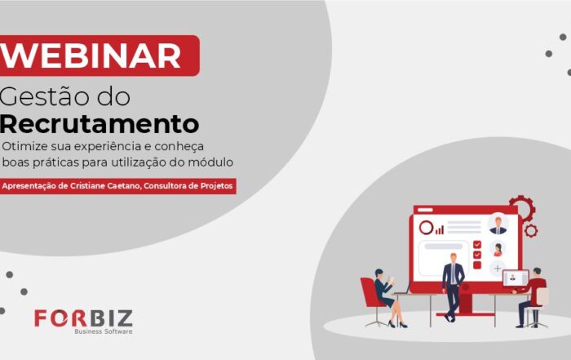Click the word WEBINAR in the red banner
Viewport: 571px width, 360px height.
point(91,56)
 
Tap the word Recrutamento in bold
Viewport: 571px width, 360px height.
point(100,124)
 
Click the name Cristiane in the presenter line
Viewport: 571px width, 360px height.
point(87,186)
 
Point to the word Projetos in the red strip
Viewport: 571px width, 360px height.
point(216,186)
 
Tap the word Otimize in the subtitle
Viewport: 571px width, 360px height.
point(24,146)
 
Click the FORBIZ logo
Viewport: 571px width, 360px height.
point(83,318)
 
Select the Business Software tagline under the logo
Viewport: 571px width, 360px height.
point(104,331)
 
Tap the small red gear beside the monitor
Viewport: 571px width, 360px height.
point(531,231)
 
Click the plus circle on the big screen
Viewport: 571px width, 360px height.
point(498,269)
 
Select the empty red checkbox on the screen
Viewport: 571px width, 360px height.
point(477,265)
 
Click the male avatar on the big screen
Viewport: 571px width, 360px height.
point(498,224)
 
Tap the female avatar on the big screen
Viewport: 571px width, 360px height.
point(498,249)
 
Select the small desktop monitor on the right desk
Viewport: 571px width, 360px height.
point(516,278)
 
